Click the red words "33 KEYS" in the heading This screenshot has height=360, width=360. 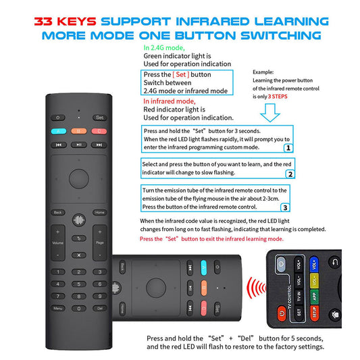pos(66,22)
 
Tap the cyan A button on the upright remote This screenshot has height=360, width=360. pos(59,131)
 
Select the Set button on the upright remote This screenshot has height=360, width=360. pos(100,118)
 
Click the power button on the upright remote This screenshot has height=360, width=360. pos(58,118)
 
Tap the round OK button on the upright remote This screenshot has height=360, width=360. pos(79,179)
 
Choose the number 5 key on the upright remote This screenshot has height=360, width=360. pos(79,284)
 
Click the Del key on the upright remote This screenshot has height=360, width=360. pos(100,309)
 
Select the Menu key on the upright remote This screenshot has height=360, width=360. pos(58,309)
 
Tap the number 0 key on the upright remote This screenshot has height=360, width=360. pos(79,309)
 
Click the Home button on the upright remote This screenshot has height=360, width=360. pos(100,212)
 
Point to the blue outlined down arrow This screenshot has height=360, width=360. pos(270,113)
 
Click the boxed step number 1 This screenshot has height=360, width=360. pos(288,148)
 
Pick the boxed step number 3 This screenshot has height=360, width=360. pos(285,207)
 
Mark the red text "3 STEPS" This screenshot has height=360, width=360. pos(278,97)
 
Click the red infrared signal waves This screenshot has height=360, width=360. pos(256,288)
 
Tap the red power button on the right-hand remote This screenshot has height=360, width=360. pos(282,313)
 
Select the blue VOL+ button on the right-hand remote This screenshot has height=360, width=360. pos(314,265)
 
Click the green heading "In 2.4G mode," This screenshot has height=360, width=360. pos(164,48)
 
